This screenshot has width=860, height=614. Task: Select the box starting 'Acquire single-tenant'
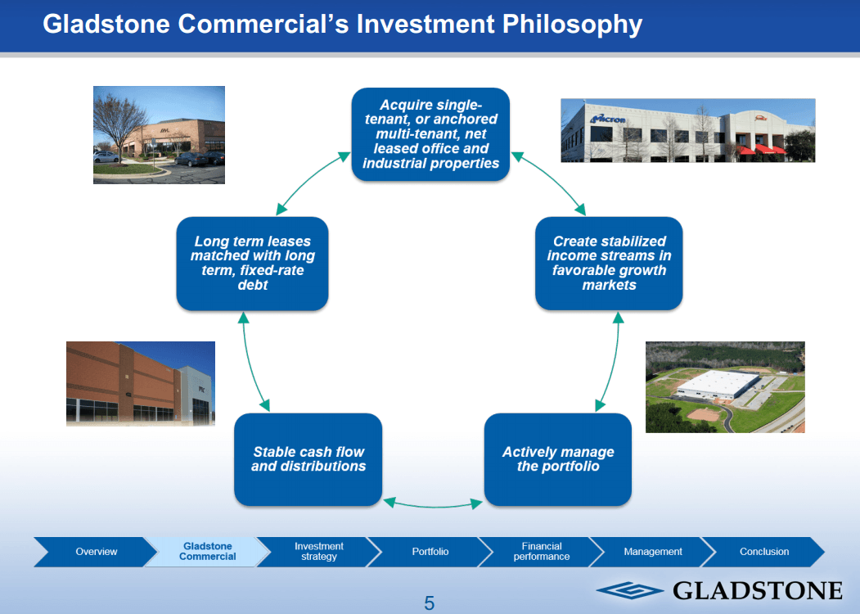[430, 134]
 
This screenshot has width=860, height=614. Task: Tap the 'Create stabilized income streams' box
[609, 263]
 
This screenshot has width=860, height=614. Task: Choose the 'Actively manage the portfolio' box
[557, 459]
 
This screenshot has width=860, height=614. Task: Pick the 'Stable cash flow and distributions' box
[308, 459]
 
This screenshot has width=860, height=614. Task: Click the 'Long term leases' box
[252, 263]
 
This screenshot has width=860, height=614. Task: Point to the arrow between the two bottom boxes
[433, 503]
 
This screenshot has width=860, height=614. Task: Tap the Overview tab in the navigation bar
[96, 552]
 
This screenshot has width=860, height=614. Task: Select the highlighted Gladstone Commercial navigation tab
[207, 552]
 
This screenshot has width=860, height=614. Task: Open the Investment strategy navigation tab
[318, 552]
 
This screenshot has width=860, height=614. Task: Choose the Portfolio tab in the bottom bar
[430, 552]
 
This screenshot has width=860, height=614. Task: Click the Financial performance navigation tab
[541, 552]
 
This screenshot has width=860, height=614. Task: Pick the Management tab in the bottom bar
[652, 552]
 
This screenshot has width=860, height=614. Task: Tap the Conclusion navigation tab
[763, 552]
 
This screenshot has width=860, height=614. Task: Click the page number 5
[429, 604]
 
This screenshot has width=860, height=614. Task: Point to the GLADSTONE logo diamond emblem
[630, 590]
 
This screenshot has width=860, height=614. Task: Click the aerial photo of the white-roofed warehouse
[725, 386]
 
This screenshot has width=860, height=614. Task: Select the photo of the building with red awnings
[687, 130]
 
